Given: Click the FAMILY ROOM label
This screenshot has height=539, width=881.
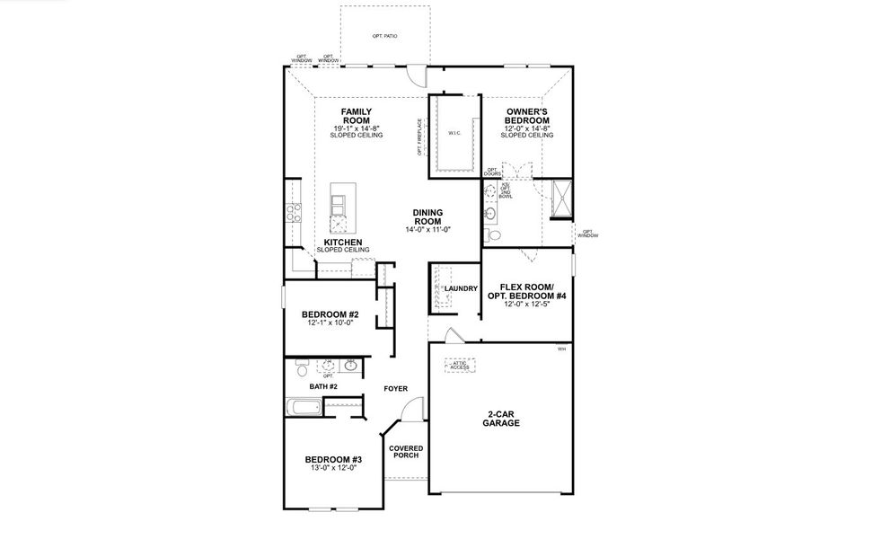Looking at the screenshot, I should [x=356, y=116].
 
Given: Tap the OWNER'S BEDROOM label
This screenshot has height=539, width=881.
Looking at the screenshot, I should [x=526, y=116].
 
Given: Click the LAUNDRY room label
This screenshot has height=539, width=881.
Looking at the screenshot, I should [x=460, y=288].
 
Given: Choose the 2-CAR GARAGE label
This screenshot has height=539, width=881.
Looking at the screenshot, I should [x=503, y=419].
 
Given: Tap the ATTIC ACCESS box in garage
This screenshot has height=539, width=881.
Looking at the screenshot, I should [x=460, y=366].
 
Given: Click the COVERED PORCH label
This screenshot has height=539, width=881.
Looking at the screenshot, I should [x=406, y=452].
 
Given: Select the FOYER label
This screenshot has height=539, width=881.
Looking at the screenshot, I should [x=395, y=389].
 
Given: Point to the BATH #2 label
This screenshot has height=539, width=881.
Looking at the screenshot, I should [x=322, y=386].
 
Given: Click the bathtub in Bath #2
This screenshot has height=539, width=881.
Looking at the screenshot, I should [x=303, y=409].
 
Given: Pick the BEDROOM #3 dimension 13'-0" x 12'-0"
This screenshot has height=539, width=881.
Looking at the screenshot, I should [x=332, y=468].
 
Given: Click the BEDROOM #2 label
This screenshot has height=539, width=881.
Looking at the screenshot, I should [x=330, y=314].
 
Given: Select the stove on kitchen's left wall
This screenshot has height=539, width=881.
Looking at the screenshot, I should [x=293, y=213].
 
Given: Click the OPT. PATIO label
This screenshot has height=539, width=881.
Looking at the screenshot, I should [x=384, y=36].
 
